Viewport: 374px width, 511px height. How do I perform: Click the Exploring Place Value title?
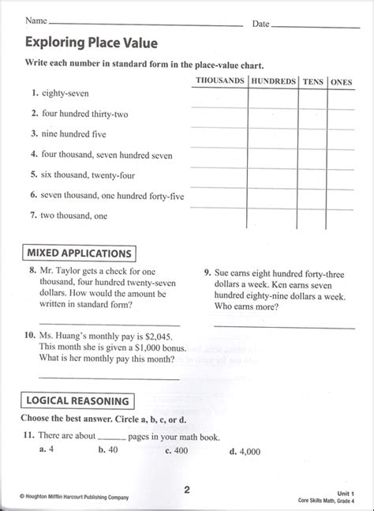click(x=91, y=42)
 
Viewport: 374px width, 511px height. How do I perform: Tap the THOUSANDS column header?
click(x=219, y=81)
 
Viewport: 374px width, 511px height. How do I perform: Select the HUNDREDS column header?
click(x=274, y=81)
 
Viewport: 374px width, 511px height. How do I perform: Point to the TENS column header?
click(x=312, y=81)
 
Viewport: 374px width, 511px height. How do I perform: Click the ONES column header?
click(x=341, y=81)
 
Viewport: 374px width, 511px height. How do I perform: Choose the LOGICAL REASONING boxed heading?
click(x=77, y=400)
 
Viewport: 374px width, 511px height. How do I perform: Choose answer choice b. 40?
click(x=108, y=451)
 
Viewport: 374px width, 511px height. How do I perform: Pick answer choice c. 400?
click(x=176, y=452)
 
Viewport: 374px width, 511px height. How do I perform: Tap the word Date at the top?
click(x=261, y=24)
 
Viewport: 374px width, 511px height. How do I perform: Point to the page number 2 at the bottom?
click(x=187, y=489)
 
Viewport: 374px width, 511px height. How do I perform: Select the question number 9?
click(x=207, y=272)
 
